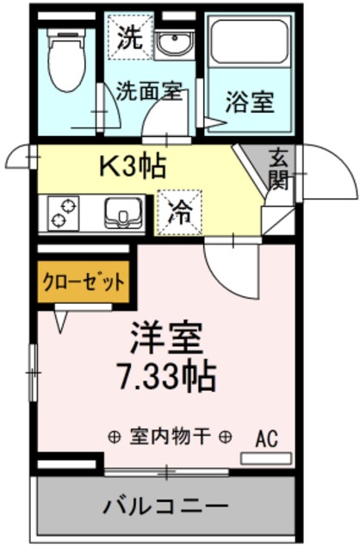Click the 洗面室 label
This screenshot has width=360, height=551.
[150, 90]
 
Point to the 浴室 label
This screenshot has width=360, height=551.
[251, 101]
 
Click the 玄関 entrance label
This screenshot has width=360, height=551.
[278, 170]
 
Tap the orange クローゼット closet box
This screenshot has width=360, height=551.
[84, 282]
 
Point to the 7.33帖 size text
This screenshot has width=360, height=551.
[165, 375]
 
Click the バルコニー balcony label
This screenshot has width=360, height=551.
[165, 505]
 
